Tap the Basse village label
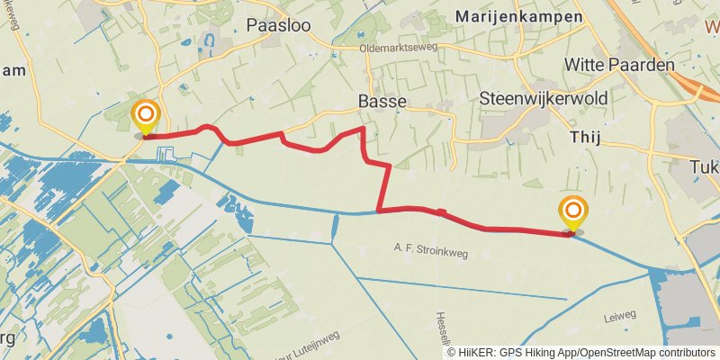tap(382, 101)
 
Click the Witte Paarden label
tap(619, 65)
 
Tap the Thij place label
tap(585, 136)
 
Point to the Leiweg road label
tap(621, 315)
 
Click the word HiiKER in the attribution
tap(478, 353)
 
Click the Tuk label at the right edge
tap(706, 167)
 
